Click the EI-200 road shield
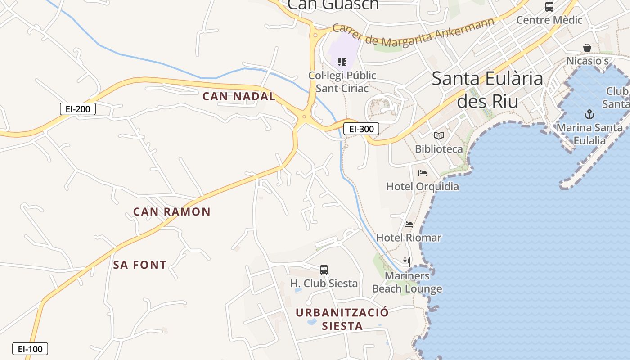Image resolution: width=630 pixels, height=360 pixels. [78, 109]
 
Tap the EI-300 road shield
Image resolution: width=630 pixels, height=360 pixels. [361, 129]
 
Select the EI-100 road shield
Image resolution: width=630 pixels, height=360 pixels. [30, 349]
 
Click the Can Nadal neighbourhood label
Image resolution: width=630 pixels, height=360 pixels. [238, 96]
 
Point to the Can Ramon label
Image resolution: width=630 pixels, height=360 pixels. [172, 211]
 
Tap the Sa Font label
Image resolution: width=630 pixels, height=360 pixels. [139, 265]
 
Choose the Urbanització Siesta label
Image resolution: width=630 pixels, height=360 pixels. [342, 319]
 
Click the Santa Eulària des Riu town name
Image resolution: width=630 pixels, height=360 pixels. [488, 90]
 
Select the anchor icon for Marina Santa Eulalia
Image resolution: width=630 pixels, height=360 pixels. [589, 114]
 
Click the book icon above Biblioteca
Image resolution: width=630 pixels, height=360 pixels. [439, 135]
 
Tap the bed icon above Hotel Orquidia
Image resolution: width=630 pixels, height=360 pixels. [422, 173]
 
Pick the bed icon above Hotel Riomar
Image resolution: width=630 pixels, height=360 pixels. [408, 224]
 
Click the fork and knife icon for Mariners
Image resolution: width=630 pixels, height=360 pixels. [407, 262]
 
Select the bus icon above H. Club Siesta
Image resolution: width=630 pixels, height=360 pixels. [324, 270]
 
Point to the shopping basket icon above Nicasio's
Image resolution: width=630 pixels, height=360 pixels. [587, 48]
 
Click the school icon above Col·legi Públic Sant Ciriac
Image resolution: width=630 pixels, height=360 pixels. [342, 62]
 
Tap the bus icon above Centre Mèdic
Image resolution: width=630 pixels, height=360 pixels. [549, 7]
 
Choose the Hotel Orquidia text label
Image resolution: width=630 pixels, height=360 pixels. [423, 186]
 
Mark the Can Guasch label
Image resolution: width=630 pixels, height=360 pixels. [333, 4]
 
